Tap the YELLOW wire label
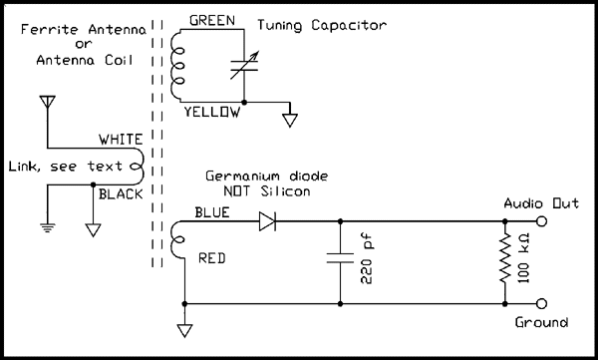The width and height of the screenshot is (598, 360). tap(211, 113)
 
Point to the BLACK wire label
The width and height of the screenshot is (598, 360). tap(121, 193)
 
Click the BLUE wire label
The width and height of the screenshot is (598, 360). tap(212, 210)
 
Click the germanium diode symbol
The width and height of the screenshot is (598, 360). tap(268, 221)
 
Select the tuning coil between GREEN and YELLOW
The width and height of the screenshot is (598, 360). tap(178, 67)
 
